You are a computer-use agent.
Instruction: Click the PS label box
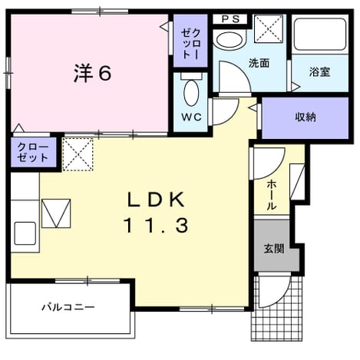click(x=230, y=19)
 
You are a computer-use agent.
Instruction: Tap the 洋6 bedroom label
click(x=93, y=73)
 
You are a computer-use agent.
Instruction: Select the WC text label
click(x=192, y=117)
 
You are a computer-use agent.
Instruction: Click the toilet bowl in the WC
click(x=191, y=93)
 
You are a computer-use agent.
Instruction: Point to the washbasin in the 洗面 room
click(x=229, y=40)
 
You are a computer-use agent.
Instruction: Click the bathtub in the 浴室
click(x=320, y=34)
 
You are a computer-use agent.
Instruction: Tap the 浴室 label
click(x=319, y=71)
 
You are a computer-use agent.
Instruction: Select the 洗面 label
click(x=259, y=63)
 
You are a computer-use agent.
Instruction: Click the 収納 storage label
click(x=306, y=117)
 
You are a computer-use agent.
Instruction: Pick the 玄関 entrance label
click(x=274, y=248)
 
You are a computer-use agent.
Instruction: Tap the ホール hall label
click(x=272, y=194)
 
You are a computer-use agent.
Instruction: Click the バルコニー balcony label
click(x=68, y=307)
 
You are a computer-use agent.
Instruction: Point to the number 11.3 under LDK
click(x=157, y=225)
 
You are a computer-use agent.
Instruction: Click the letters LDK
click(x=157, y=200)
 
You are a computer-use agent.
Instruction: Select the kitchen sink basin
click(x=25, y=233)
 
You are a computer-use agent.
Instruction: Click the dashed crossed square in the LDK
click(x=78, y=154)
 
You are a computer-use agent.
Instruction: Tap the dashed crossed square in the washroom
click(x=269, y=28)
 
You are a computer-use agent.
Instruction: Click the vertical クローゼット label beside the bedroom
click(x=190, y=44)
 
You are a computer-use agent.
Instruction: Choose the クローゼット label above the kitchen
click(x=33, y=153)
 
